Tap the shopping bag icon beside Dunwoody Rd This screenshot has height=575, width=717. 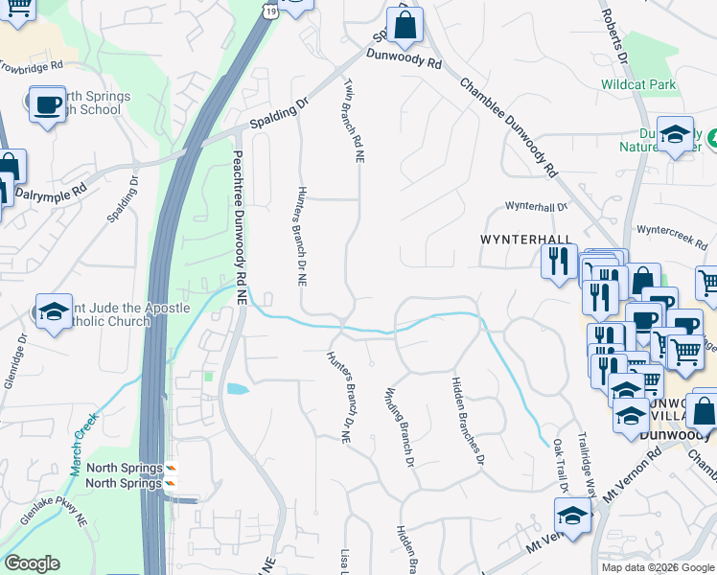[405, 26]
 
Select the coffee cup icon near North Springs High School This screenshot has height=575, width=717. [46, 104]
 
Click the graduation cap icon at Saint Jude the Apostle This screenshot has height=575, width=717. [55, 310]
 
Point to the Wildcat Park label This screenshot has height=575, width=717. [638, 84]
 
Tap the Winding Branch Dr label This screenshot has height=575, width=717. [399, 427]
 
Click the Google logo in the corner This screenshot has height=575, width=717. [32, 563]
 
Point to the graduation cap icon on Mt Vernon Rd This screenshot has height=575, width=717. [573, 517]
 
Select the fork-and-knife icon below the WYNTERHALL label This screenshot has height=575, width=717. [558, 261]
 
